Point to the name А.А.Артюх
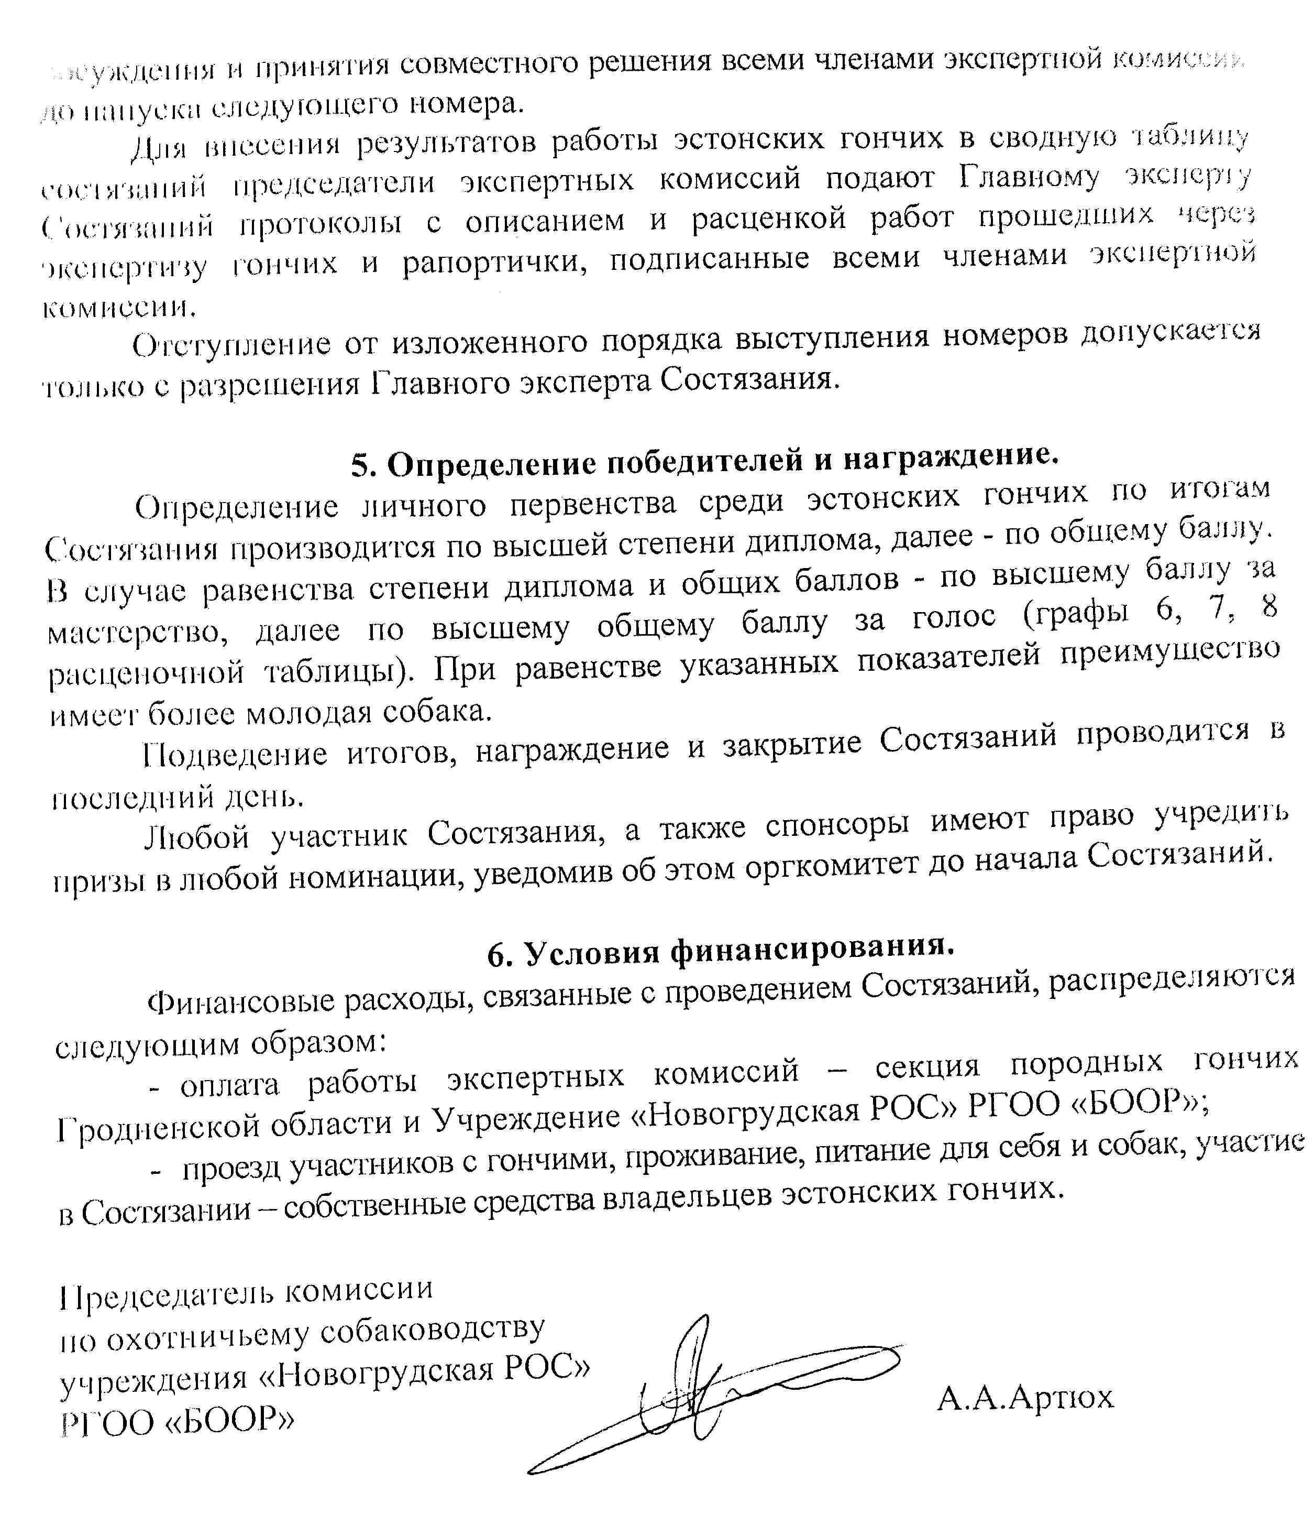(x=1025, y=1396)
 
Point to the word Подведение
(x=235, y=754)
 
